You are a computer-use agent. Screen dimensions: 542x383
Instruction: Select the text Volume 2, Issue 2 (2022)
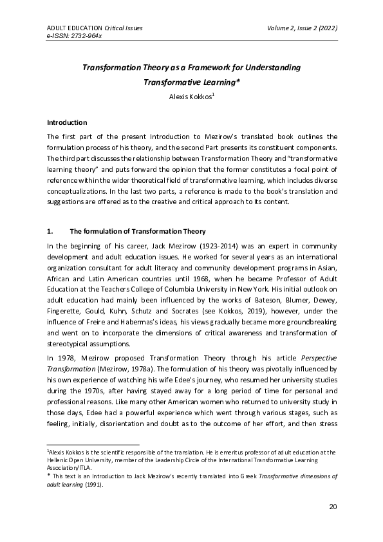tap(302, 28)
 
